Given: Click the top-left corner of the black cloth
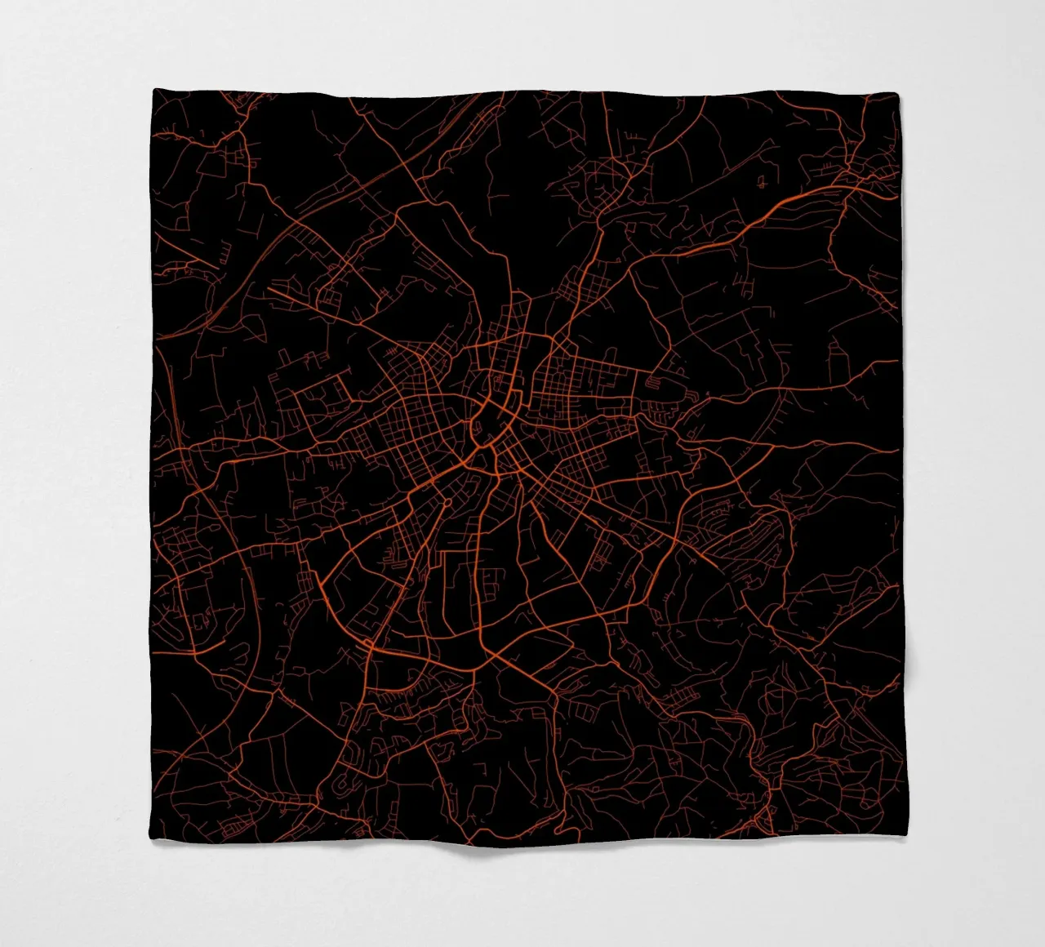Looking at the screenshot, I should [x=153, y=91].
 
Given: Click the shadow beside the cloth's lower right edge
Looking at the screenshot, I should [x=913, y=678].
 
